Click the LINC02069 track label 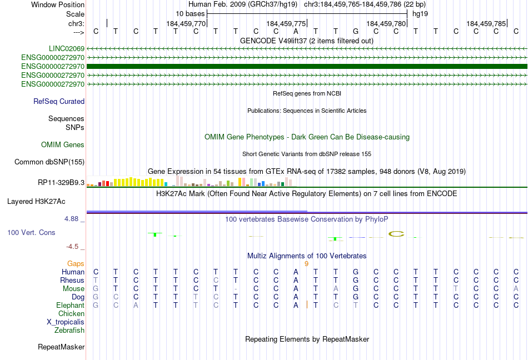click(67, 49)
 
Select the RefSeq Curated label click(59, 101)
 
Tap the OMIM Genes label click(63, 144)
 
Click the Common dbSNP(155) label click(49, 162)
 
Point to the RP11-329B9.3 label click(61, 182)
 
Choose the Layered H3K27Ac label click(36, 202)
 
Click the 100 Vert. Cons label click(31, 232)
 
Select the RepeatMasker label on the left click(61, 347)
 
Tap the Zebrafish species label click(69, 331)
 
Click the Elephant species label click(71, 306)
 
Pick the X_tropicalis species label click(66, 322)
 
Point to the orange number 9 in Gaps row click(306, 264)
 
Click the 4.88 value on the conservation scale click(72, 219)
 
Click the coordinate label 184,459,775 click(286, 23)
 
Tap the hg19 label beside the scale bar click(420, 14)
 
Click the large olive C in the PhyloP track click(396, 234)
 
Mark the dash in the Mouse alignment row click(236, 289)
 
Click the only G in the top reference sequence click(356, 31)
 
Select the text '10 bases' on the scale click(190, 14)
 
